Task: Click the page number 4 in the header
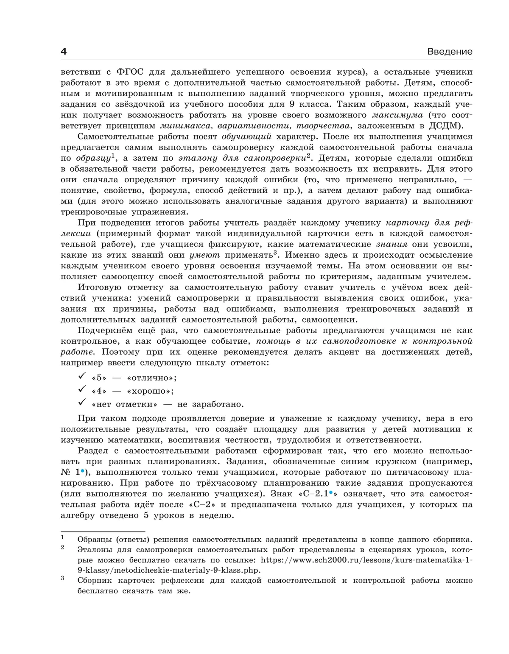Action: [x=64, y=52]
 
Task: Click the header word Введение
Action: [x=450, y=52]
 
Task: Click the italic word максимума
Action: [x=397, y=115]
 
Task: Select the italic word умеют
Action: [x=204, y=255]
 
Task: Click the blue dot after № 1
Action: [x=82, y=471]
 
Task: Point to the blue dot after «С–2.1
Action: [x=330, y=493]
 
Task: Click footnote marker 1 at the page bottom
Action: [x=62, y=537]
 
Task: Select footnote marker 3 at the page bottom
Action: [x=62, y=578]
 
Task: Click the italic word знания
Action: [x=392, y=245]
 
